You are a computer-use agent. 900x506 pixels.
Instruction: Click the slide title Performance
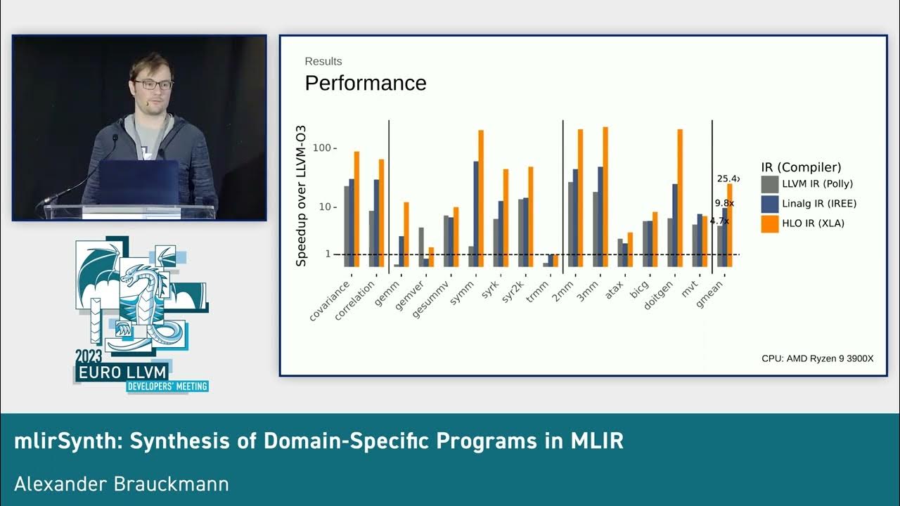(x=365, y=83)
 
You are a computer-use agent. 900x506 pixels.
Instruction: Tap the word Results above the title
(x=323, y=61)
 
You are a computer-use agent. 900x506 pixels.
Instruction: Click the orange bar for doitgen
(x=680, y=197)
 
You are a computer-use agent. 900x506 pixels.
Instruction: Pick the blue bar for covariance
(x=351, y=222)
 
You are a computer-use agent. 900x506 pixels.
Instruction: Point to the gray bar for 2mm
(x=571, y=224)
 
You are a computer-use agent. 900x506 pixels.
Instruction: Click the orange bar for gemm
(x=406, y=234)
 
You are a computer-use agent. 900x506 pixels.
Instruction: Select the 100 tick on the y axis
(x=322, y=148)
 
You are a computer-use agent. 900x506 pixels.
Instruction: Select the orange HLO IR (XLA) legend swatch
(x=770, y=224)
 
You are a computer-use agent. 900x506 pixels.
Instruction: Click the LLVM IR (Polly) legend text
(x=817, y=184)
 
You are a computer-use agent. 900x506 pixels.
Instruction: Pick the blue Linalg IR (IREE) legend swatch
(x=770, y=204)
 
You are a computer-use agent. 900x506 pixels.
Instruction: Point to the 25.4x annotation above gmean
(x=727, y=179)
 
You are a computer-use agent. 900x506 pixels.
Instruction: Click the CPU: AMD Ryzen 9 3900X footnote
(x=817, y=358)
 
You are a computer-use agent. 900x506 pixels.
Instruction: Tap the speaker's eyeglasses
(x=153, y=84)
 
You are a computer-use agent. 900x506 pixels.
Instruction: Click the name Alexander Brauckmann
(x=121, y=484)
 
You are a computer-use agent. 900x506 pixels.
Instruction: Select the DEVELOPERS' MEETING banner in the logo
(x=167, y=386)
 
